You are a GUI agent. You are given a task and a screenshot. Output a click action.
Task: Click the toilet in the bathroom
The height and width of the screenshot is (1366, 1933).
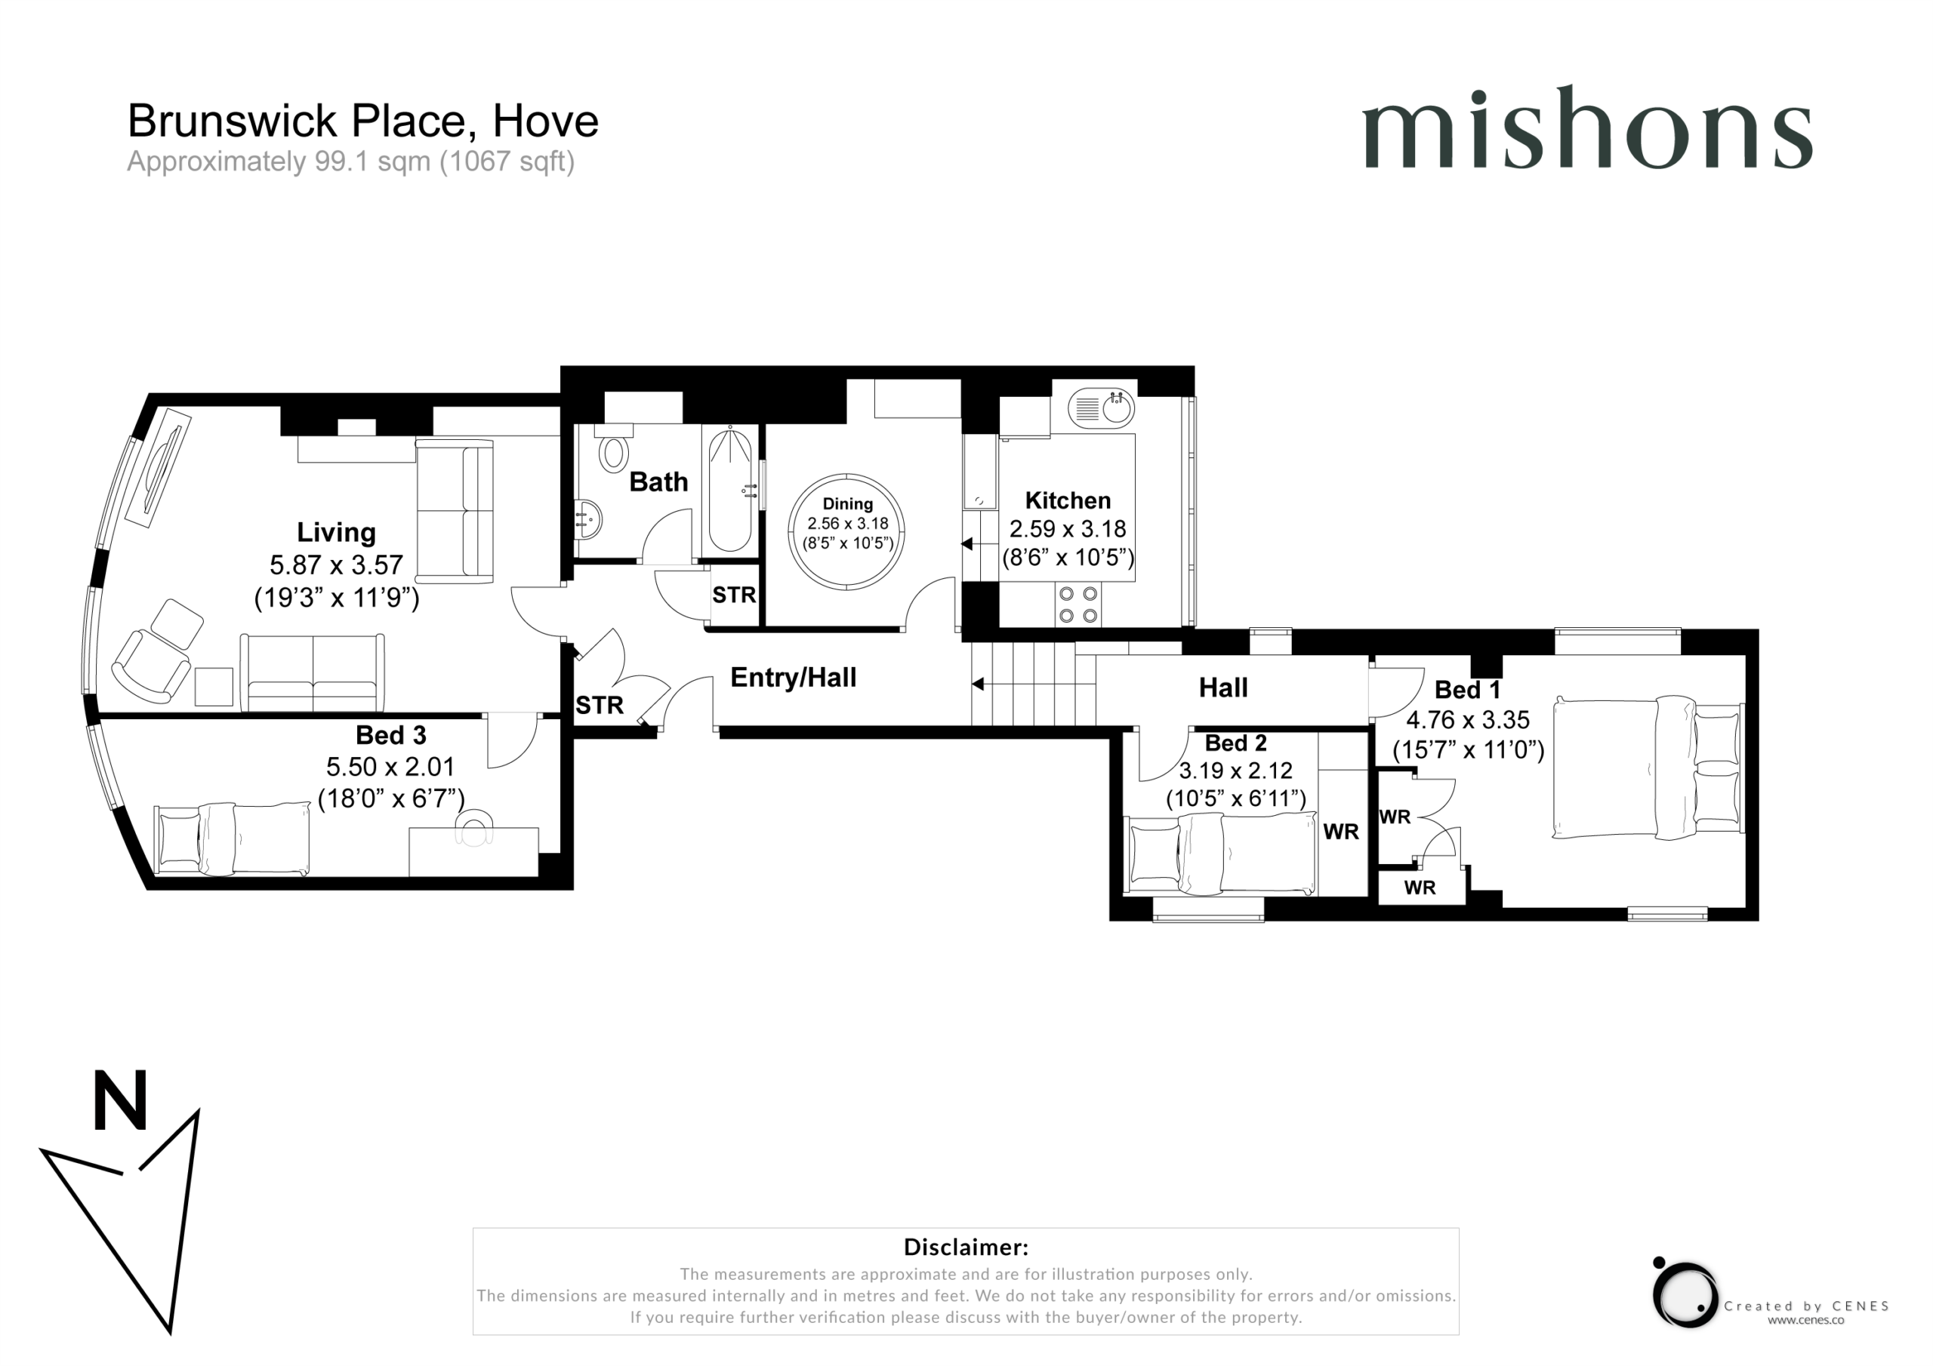pos(614,448)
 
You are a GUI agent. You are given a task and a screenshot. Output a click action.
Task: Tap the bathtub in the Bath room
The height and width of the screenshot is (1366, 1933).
pos(730,490)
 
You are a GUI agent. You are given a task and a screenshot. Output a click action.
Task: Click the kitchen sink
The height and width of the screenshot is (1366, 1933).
pos(1101,409)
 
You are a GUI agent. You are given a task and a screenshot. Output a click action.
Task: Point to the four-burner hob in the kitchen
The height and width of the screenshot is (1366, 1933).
pos(1078,605)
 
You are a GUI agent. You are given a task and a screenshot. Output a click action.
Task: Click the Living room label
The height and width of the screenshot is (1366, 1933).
pos(336,533)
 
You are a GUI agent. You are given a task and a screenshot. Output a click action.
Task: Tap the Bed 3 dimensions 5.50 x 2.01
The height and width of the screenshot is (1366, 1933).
pos(390,767)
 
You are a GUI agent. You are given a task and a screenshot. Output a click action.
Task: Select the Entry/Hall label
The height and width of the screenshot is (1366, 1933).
pos(793,678)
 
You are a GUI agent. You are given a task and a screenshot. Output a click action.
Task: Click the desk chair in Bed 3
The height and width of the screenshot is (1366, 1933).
pos(474,826)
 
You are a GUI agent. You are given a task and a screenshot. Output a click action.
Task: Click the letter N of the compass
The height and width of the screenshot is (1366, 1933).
pos(120,1100)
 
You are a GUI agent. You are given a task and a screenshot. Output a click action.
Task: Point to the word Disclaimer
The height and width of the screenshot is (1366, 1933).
pos(966,1247)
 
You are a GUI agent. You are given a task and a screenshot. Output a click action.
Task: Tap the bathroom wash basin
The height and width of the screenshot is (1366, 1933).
pos(588,519)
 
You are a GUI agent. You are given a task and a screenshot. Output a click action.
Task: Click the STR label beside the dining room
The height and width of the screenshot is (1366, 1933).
pos(734,595)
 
